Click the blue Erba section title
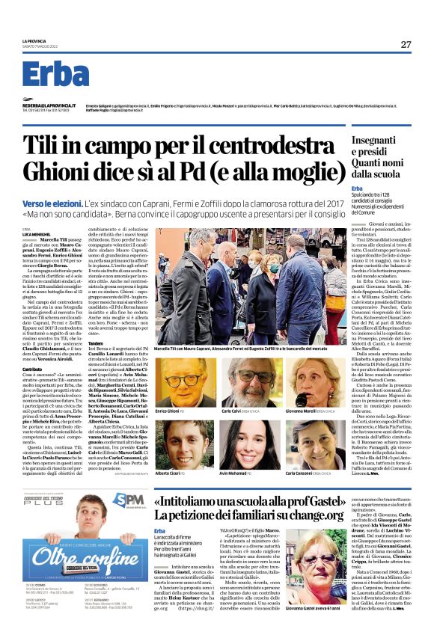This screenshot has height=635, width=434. [x=55, y=75]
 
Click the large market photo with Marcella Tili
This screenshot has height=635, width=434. [x=242, y=284]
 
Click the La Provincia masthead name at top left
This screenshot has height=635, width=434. [x=34, y=40]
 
